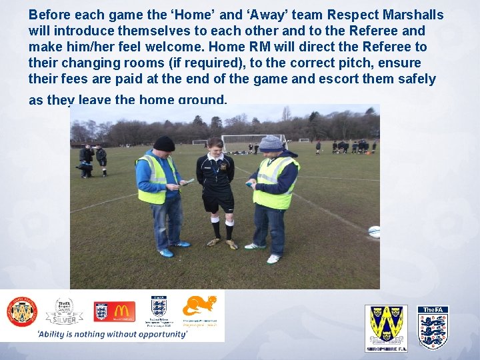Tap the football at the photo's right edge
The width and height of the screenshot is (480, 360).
[x=374, y=231]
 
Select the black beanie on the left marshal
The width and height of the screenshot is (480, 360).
[x=163, y=143]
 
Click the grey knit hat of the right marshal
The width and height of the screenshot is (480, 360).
[x=271, y=143]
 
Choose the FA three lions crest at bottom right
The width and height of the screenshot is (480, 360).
[x=433, y=327]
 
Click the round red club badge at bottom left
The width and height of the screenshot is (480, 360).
[x=22, y=311]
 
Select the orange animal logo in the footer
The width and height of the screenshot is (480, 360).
[x=200, y=306]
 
